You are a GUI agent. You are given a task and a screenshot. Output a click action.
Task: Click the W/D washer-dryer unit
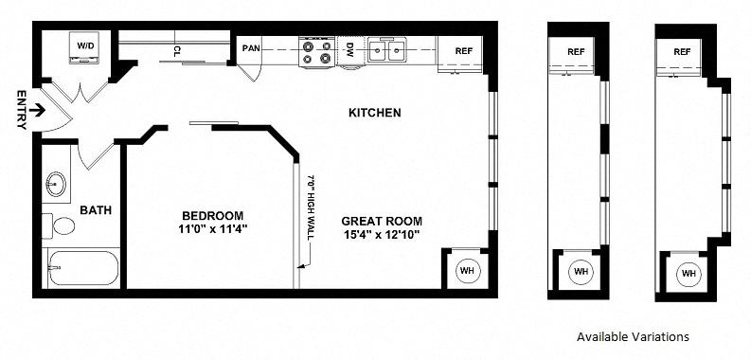84,47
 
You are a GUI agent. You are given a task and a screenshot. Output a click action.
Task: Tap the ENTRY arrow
37,111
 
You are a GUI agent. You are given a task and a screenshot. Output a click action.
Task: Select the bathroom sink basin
56,184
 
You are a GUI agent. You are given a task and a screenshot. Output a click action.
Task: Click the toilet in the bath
59,225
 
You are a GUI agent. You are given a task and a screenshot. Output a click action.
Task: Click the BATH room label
96,210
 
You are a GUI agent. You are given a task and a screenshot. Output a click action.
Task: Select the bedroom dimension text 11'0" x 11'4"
212,229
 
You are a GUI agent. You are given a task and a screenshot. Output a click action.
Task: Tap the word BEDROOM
212,216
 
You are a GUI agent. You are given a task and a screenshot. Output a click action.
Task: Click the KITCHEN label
374,113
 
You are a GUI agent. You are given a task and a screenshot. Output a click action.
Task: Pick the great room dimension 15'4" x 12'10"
382,235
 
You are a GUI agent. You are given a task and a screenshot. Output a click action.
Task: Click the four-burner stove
316,52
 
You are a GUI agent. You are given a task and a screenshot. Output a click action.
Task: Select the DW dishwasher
350,51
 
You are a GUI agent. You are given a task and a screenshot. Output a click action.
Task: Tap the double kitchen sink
387,50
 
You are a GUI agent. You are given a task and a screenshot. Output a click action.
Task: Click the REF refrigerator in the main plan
460,54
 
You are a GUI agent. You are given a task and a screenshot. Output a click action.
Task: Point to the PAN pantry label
251,48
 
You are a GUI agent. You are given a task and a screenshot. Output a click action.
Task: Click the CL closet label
177,50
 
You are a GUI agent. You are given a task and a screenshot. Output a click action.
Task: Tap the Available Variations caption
633,336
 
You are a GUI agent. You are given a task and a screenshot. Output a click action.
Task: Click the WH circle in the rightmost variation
688,274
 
